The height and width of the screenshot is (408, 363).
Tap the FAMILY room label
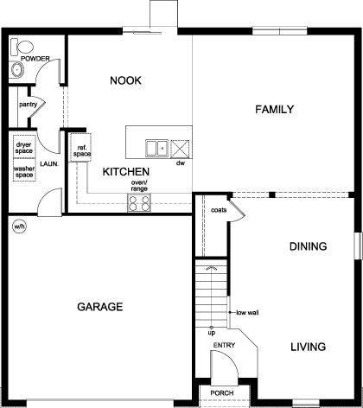(275, 110)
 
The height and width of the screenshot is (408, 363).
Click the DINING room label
(308, 246)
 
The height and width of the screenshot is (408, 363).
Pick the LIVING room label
(308, 347)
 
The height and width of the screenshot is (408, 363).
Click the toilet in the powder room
(24, 46)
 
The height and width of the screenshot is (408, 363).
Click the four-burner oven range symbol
(139, 203)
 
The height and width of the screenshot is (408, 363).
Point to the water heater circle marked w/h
(19, 227)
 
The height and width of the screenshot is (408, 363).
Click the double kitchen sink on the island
(156, 146)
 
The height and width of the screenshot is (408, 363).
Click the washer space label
(24, 172)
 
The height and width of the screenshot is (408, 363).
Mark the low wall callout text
(248, 313)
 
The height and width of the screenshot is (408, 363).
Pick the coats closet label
(219, 208)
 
